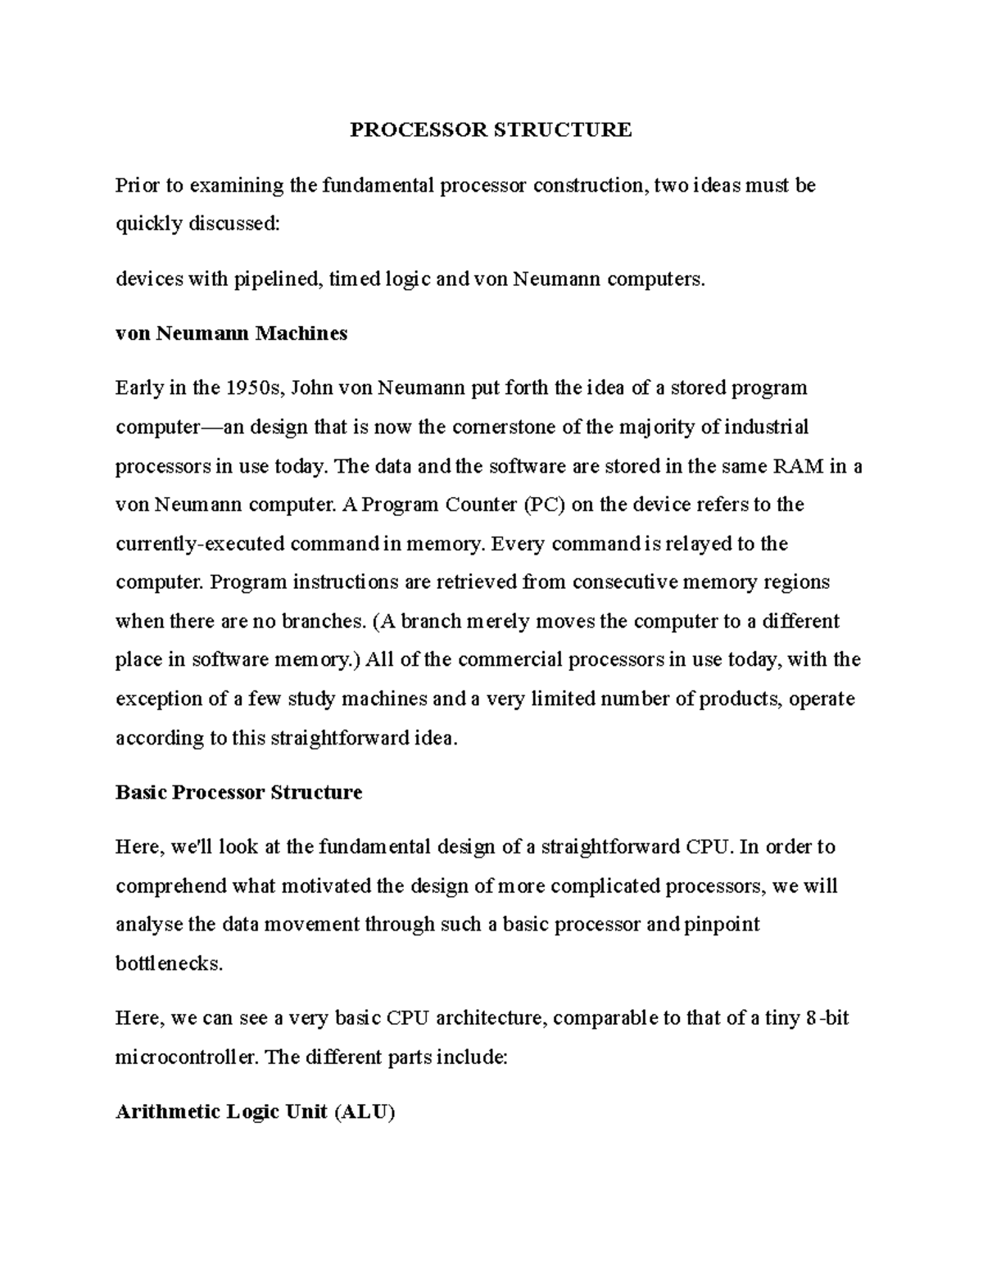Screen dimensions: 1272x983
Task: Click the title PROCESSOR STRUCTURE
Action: tap(491, 129)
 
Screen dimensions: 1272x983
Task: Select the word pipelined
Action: tap(278, 279)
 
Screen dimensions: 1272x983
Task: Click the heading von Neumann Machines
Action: tap(232, 333)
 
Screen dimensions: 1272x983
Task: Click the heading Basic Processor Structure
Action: tap(238, 792)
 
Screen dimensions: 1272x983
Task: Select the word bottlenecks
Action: tap(169, 964)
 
